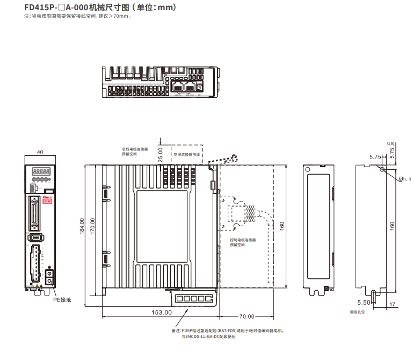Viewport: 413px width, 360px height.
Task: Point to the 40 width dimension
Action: pos(40,152)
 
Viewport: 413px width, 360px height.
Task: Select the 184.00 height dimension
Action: pos(82,226)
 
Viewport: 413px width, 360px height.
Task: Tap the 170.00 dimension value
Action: pos(93,226)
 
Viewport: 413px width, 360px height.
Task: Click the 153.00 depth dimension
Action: pos(161,312)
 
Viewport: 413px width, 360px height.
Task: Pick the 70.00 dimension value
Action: pos(247,316)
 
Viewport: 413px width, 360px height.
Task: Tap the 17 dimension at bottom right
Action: pos(392,304)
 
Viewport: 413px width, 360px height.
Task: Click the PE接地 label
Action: pos(62,300)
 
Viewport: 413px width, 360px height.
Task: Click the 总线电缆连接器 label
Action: pos(134,149)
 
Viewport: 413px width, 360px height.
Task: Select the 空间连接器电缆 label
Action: pos(186,154)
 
